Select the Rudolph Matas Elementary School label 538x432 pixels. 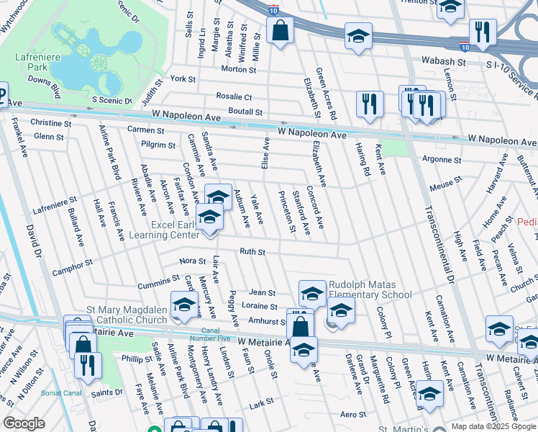[x=371, y=289]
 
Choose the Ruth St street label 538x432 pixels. [x=252, y=252]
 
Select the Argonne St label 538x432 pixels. [x=442, y=159]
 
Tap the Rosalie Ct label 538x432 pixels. [x=234, y=96]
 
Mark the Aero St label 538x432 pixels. [x=353, y=414]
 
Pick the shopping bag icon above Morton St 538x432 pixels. [x=279, y=32]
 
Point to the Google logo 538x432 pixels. [x=23, y=423]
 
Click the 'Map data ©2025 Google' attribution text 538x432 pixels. [x=493, y=427]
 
